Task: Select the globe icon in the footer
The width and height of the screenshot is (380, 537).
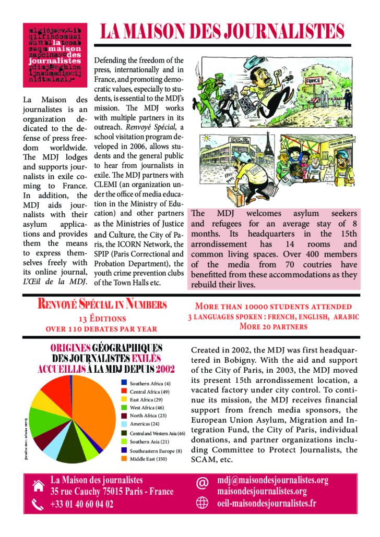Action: coord(202,504)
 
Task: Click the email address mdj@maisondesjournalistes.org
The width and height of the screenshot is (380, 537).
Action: coord(272,480)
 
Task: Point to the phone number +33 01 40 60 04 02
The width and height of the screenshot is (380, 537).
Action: coord(81,504)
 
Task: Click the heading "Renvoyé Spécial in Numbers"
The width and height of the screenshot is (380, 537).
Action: coord(103,304)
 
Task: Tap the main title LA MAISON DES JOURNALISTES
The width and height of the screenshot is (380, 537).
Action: coord(222,32)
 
